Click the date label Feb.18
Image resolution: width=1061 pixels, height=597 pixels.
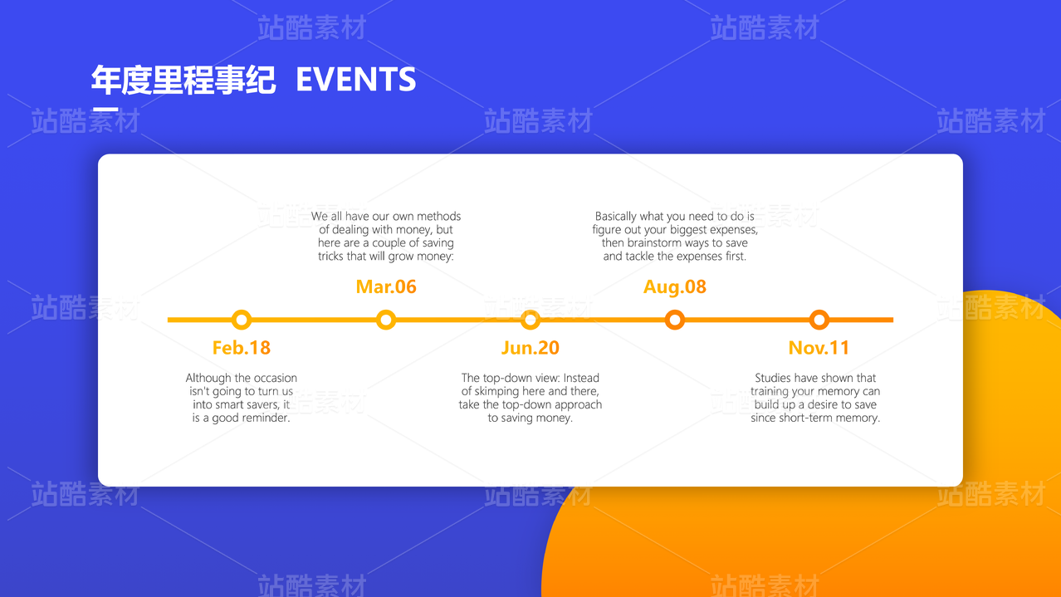pyautogui.click(x=241, y=348)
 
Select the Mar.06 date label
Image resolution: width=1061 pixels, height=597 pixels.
pyautogui.click(x=386, y=286)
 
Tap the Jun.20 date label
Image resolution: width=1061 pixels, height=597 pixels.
pyautogui.click(x=530, y=348)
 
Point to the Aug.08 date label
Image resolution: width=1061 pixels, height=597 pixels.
pyautogui.click(x=674, y=287)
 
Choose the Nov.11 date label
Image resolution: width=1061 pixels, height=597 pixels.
pyautogui.click(x=819, y=348)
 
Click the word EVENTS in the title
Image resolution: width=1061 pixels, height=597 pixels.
pyautogui.click(x=355, y=79)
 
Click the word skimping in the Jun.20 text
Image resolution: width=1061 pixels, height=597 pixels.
pyautogui.click(x=497, y=391)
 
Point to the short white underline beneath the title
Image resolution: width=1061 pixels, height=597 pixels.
pyautogui.click(x=105, y=110)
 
